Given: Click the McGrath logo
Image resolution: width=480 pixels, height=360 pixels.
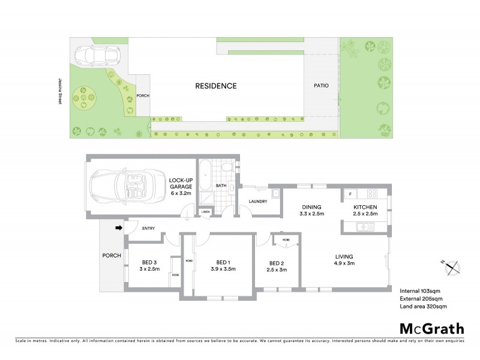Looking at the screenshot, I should coord(431,328).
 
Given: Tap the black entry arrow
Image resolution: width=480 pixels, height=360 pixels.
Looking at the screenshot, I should coord(119,227).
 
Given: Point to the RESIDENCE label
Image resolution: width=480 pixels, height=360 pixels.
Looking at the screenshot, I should coord(215,86).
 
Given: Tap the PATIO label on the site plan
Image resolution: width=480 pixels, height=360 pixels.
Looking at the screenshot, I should coord(321,86).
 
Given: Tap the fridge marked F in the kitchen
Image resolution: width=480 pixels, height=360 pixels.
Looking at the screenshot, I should coord(349,194).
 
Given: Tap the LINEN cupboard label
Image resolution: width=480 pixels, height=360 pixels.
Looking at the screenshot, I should coord(205,212).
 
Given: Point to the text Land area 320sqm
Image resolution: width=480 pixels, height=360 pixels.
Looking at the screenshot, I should coord(423,306).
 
